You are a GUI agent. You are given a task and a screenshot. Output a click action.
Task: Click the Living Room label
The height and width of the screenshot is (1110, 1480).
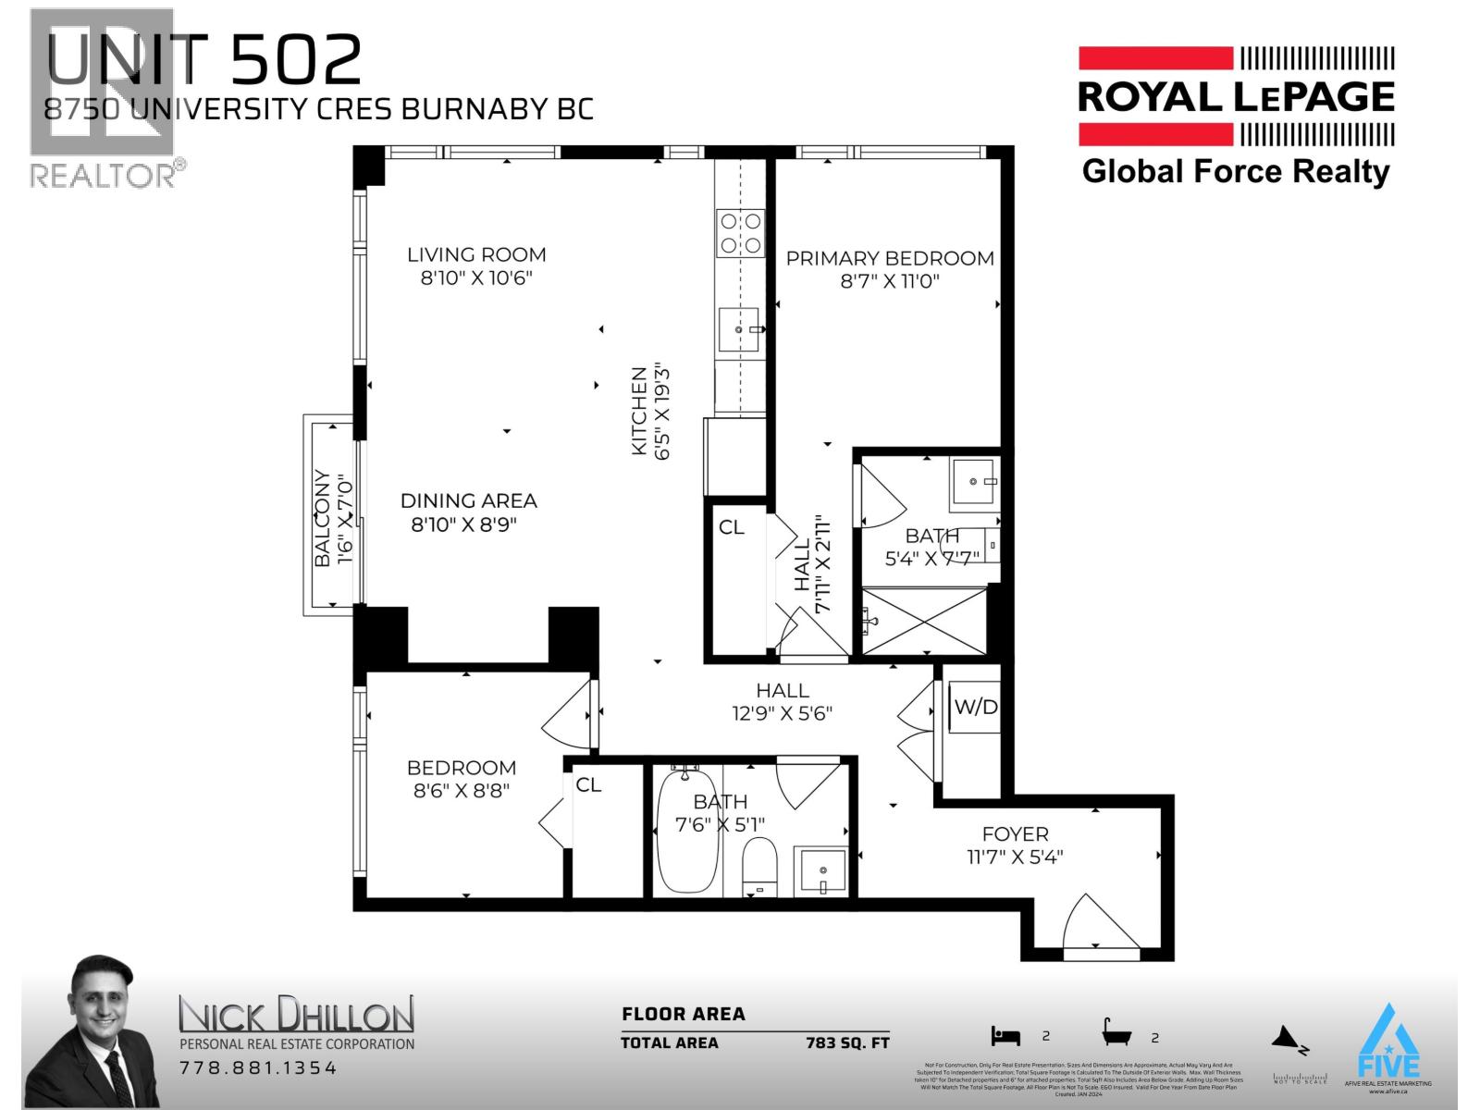[476, 254]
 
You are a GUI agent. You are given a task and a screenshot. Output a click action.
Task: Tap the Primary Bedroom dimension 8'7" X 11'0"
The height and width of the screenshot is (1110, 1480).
[890, 281]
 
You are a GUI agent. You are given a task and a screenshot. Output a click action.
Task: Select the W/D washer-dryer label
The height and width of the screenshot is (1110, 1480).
[976, 708]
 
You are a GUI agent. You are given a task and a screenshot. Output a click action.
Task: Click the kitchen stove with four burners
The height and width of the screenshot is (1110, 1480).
[741, 233]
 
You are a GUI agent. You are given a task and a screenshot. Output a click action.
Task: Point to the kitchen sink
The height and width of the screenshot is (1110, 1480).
[739, 329]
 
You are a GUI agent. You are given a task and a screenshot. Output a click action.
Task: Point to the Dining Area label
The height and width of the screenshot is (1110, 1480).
[468, 500]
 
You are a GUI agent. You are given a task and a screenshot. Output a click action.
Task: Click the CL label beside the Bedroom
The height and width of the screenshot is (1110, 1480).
[588, 785]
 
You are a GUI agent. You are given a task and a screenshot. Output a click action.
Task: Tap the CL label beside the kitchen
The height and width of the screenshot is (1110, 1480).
[731, 527]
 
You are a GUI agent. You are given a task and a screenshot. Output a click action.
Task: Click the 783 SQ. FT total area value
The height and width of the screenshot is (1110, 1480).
[846, 1042]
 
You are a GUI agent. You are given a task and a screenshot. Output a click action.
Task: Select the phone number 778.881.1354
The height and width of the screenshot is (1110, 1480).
[257, 1068]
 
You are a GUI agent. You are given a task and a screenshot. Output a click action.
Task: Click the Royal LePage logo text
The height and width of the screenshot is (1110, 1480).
[1236, 97]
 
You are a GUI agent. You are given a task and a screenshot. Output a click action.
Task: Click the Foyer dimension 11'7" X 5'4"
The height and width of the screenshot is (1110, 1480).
[1015, 857]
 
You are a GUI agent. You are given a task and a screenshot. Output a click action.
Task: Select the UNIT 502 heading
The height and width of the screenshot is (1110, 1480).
[203, 60]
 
